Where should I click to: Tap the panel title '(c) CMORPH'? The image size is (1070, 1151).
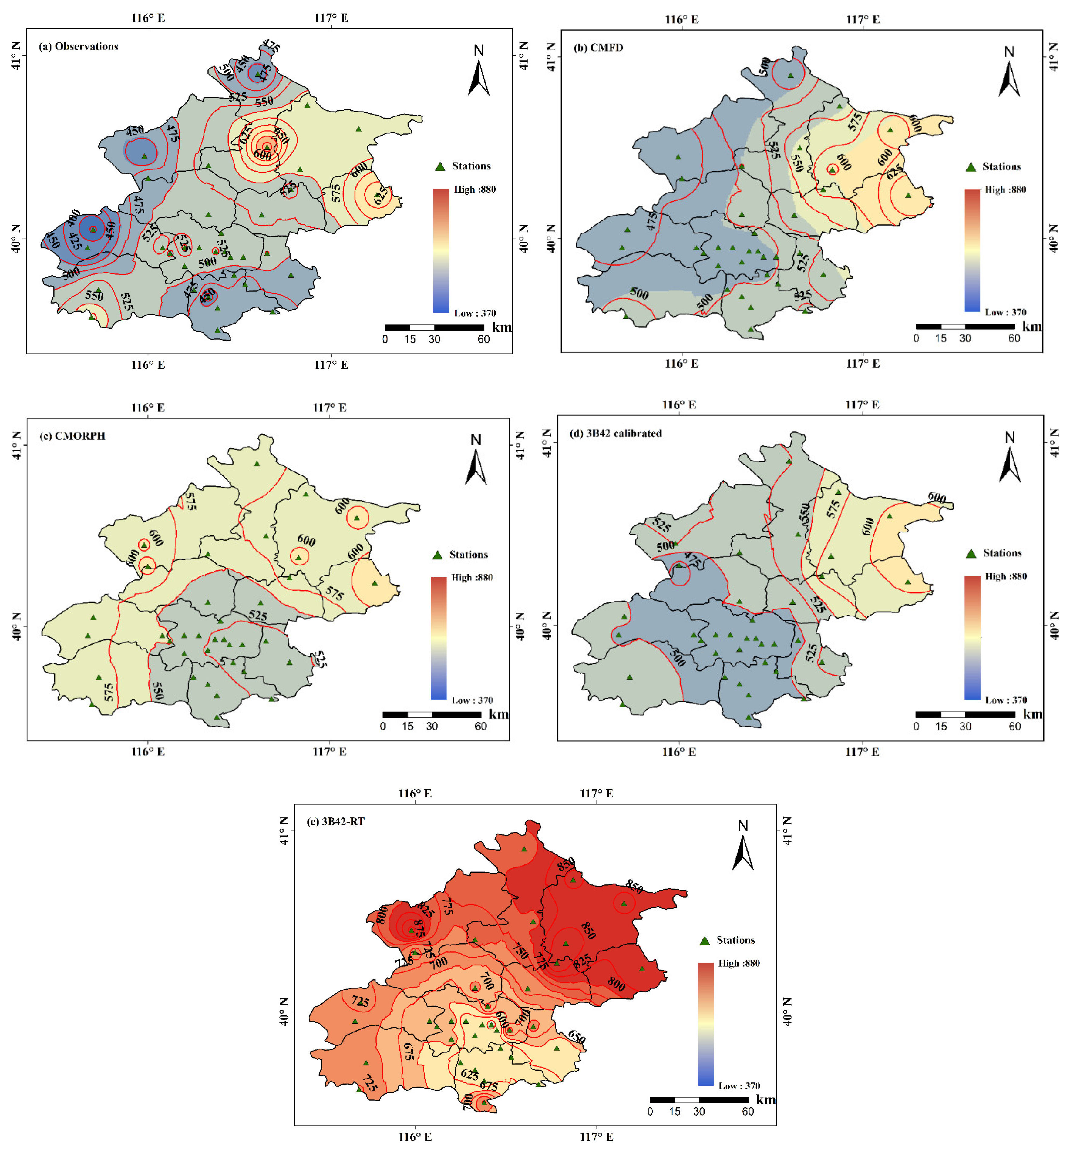72,435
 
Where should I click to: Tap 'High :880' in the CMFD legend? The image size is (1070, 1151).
1005,189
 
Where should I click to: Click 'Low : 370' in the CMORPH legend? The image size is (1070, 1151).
472,700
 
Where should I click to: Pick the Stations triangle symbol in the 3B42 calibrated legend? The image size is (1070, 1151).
971,553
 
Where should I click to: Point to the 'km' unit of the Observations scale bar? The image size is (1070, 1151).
501,327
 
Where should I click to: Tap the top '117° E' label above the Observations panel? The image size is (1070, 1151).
331,18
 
